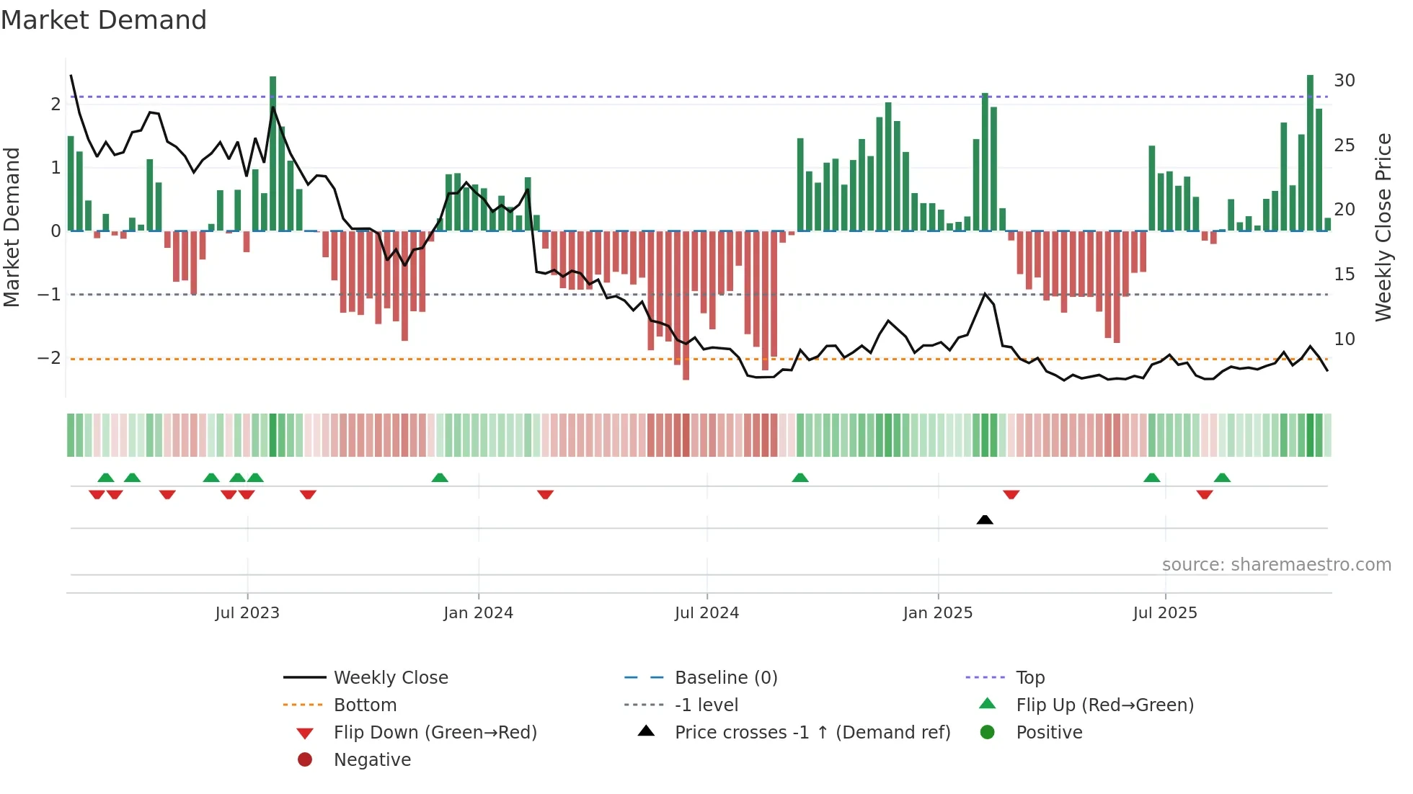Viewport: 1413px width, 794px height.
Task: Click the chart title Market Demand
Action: tap(104, 20)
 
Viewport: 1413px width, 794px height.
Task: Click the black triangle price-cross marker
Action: tap(985, 519)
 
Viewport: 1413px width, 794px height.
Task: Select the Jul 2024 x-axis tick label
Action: tap(706, 613)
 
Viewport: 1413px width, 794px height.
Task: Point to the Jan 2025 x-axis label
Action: tap(937, 613)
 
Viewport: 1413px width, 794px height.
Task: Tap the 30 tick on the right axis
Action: tap(1344, 81)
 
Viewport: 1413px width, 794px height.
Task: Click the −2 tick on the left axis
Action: tap(50, 358)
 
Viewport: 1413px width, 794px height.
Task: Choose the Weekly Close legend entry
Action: tap(390, 678)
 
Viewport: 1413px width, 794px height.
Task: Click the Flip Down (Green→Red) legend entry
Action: tap(435, 733)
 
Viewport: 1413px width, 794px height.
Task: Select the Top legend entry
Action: tap(1029, 678)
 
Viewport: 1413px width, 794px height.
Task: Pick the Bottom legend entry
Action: tap(365, 705)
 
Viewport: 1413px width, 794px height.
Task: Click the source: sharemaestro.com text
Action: tap(1276, 565)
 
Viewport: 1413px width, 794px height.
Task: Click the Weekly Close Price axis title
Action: tap(1383, 227)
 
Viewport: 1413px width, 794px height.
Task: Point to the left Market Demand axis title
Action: tap(12, 227)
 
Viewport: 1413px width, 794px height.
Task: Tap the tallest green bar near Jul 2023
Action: tap(273, 151)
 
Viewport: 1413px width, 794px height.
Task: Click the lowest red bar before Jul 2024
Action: tap(686, 306)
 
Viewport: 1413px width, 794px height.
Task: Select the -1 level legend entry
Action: tap(706, 705)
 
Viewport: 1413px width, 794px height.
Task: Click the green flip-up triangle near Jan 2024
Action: tap(440, 478)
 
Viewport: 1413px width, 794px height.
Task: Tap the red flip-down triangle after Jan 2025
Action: tap(1011, 494)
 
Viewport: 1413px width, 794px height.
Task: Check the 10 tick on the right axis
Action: tap(1344, 339)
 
